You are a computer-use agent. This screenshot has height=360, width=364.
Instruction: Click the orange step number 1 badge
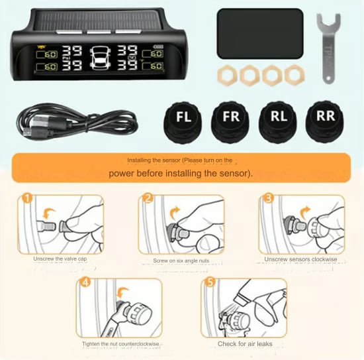26,198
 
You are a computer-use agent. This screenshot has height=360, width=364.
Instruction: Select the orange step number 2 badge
148,198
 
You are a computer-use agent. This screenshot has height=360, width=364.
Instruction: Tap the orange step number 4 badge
85,282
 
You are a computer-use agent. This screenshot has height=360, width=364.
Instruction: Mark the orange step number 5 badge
208,282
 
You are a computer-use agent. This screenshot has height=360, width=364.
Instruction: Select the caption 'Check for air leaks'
244,344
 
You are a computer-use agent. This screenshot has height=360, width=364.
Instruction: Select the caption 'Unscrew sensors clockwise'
300,259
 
